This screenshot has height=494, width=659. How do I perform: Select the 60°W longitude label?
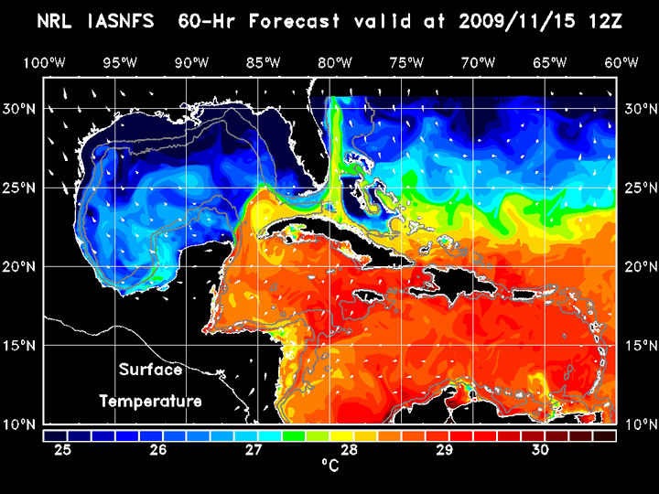[x=622, y=62]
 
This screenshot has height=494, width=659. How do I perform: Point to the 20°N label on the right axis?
[x=637, y=267]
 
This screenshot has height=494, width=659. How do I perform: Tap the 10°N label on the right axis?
[x=637, y=424]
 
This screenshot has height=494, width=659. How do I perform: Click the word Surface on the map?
[x=150, y=370]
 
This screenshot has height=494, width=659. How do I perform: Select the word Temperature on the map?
[x=150, y=401]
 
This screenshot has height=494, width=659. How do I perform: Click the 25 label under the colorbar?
[x=62, y=450]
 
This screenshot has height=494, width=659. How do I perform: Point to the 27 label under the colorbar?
[x=254, y=450]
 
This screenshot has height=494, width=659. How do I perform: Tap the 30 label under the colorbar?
[x=540, y=450]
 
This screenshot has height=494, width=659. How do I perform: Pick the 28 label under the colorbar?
[x=349, y=450]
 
